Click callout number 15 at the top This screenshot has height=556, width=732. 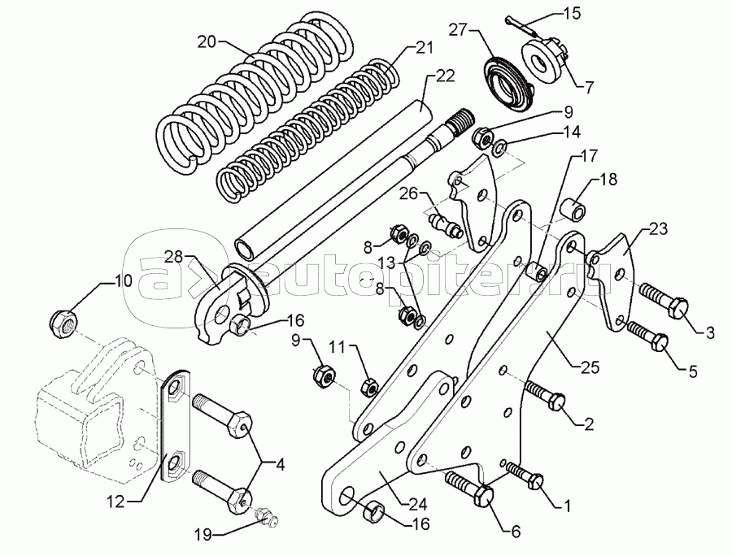572,12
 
